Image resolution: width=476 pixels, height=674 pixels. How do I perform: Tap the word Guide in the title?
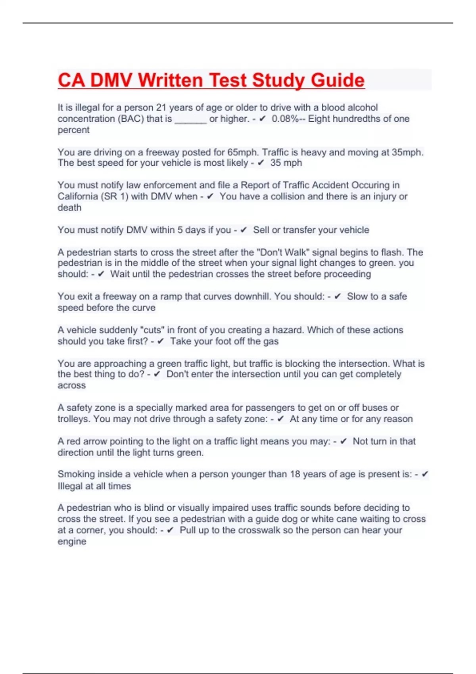(x=338, y=80)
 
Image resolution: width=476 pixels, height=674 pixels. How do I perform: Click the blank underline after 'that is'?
(x=190, y=119)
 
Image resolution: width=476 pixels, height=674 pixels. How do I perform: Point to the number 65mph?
(x=242, y=152)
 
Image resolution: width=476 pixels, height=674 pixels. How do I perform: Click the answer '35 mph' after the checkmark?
(x=286, y=163)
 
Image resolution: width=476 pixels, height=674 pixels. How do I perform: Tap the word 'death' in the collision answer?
(x=69, y=207)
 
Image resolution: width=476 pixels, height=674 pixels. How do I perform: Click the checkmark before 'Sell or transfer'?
(x=244, y=230)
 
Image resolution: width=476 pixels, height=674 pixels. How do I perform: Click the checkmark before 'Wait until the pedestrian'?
(x=101, y=274)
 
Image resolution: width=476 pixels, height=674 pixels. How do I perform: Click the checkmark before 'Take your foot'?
(x=161, y=341)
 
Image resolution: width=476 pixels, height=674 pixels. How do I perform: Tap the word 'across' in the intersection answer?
(x=71, y=385)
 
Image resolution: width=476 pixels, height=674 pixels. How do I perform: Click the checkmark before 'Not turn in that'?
(x=344, y=441)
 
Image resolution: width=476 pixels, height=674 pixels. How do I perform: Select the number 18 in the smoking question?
(x=295, y=474)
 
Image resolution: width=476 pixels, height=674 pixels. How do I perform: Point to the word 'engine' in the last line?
(x=72, y=542)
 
